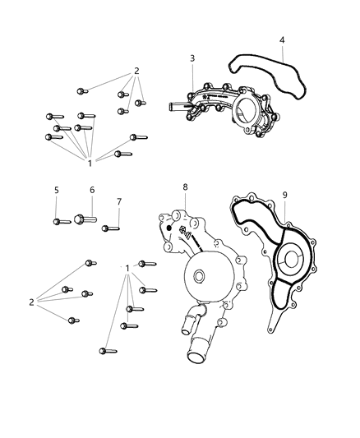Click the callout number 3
[192, 58]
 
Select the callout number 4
[282, 39]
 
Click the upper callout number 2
[136, 71]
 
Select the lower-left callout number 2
[31, 302]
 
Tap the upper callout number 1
[90, 164]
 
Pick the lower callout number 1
[127, 269]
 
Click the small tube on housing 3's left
[177, 106]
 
